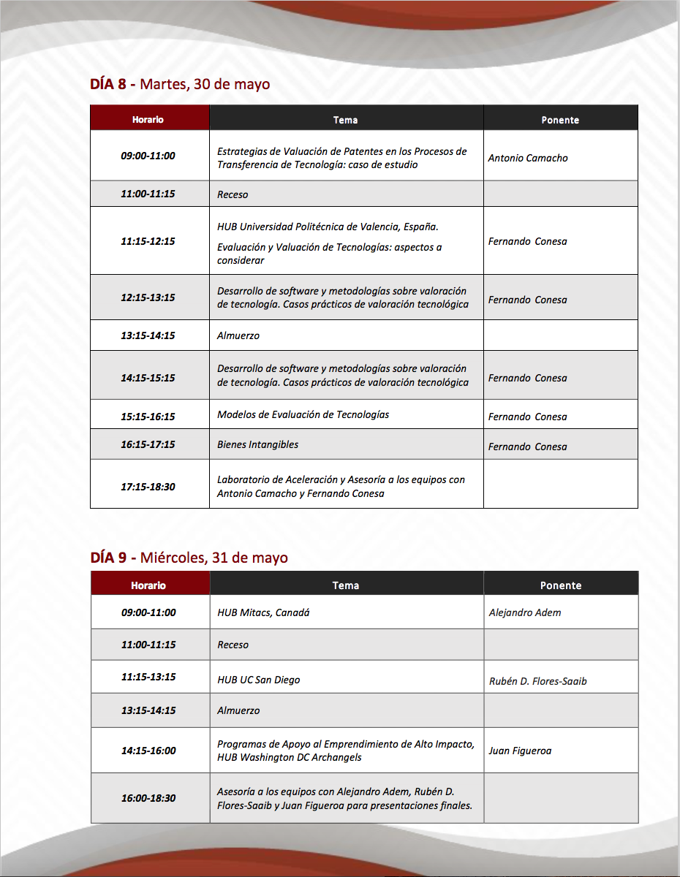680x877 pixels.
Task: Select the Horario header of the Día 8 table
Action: tap(148, 119)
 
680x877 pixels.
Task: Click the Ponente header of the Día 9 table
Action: tap(561, 585)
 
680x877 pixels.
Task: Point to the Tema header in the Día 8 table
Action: tap(345, 120)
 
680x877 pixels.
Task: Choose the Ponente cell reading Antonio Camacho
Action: tap(528, 158)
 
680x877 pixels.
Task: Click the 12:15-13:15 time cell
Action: tap(148, 297)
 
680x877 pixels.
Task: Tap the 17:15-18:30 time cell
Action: tap(148, 486)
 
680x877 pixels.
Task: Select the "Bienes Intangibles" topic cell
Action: tap(257, 444)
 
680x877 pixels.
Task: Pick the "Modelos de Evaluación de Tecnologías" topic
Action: tap(303, 414)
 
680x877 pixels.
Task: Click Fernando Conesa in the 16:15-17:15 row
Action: tap(528, 447)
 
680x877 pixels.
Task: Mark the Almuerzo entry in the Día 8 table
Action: tap(238, 335)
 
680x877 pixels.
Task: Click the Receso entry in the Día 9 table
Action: tap(233, 645)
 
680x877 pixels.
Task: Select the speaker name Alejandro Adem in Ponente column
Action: tap(525, 612)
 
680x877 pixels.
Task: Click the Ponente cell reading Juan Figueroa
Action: tap(520, 751)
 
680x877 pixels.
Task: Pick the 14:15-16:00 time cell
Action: tap(148, 751)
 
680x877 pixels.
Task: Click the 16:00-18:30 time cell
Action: tap(148, 798)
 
